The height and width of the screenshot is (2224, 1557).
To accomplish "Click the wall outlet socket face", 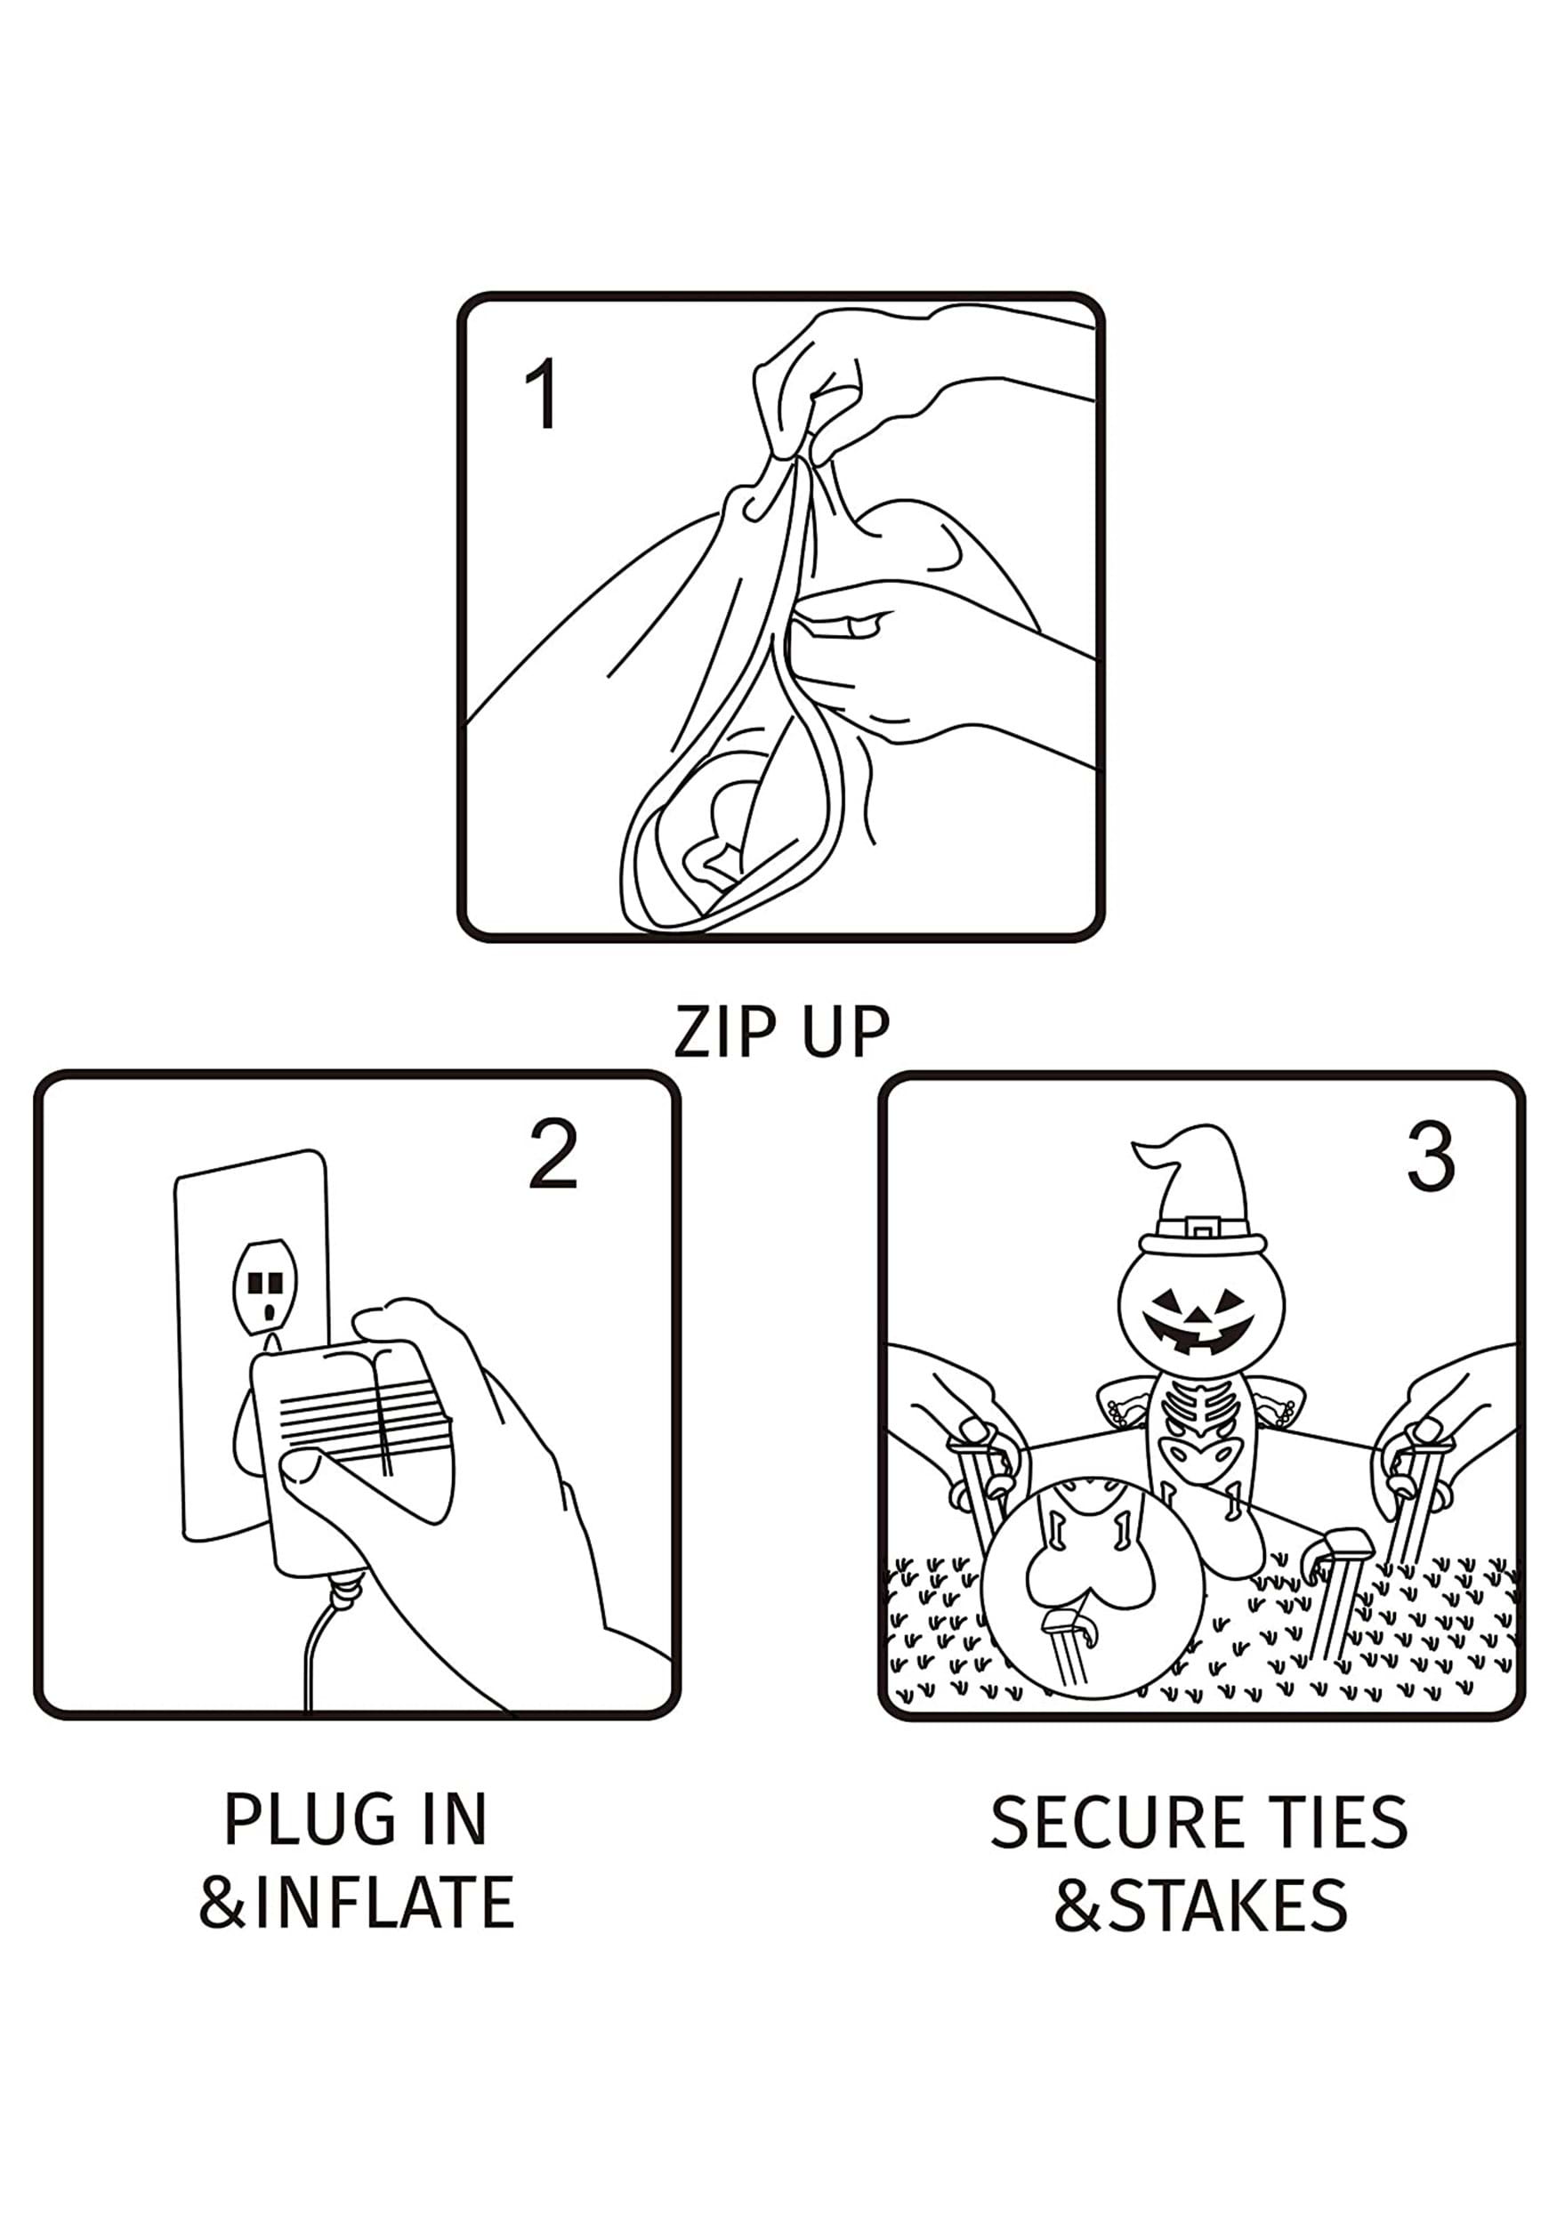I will coord(264,1286).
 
